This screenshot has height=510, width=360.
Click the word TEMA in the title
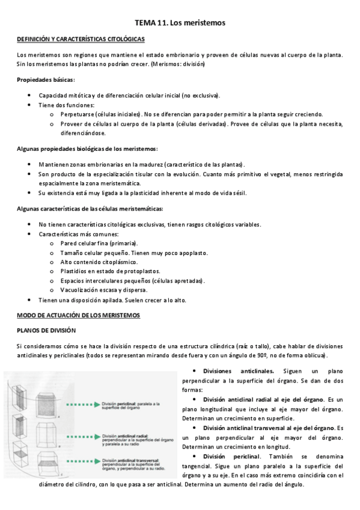coord(147,23)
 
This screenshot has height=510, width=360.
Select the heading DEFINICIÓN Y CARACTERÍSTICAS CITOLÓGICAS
coord(81,39)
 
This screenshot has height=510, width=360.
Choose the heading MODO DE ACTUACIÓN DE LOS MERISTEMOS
coord(79,315)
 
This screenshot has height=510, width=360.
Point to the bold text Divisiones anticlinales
coord(239,371)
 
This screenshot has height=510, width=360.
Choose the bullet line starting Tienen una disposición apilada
coord(112,300)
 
